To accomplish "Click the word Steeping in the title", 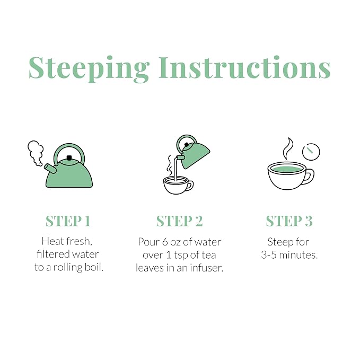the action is coord(89,68).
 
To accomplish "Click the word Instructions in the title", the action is coord(245,68).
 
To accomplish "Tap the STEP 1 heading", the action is coord(68,221).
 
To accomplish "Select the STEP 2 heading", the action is coord(180,221).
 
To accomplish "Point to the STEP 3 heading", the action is coord(289,221).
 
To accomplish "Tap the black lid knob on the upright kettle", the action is coord(69,157).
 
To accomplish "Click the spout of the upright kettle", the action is coord(50,168).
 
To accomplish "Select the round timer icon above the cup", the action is coord(311,152).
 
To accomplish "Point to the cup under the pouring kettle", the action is coord(178,185).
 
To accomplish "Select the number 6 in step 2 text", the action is coord(165,242).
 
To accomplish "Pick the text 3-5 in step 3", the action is coord(269,255).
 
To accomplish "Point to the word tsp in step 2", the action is coord(181,256).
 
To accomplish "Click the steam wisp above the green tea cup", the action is coord(288,148).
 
